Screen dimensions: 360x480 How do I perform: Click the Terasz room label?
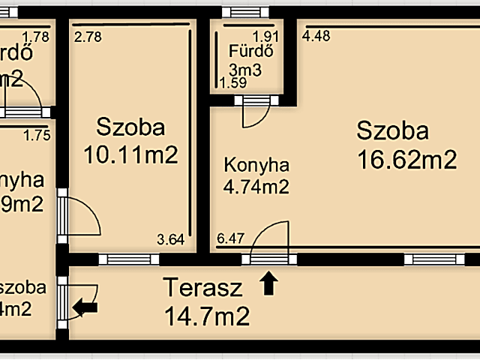(x=203, y=287)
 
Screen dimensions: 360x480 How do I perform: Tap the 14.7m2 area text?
(x=207, y=316)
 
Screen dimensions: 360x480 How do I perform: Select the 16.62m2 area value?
(x=406, y=159)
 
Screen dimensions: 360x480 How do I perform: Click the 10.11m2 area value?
(x=130, y=154)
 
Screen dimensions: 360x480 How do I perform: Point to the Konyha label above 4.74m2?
(x=256, y=165)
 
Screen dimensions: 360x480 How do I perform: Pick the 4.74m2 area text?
(x=256, y=187)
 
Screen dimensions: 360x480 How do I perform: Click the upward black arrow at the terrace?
(x=269, y=283)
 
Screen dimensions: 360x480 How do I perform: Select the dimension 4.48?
(x=316, y=34)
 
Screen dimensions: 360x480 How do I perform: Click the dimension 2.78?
(x=87, y=35)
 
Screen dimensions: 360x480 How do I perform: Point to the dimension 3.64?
(x=169, y=240)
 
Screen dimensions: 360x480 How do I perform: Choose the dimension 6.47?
(x=230, y=240)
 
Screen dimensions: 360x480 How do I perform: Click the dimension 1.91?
(x=265, y=35)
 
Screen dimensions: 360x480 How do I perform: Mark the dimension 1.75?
(x=37, y=136)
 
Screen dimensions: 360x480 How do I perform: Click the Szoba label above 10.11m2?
(x=130, y=127)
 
